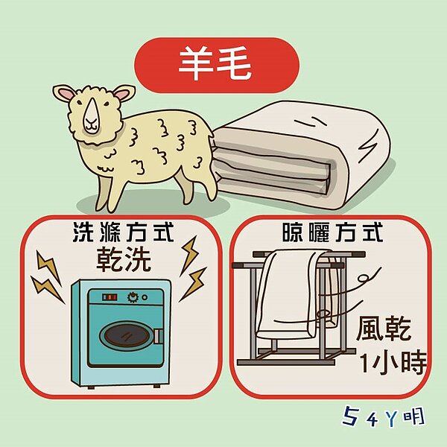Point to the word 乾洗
click(124, 259)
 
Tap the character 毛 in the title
click(237, 65)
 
